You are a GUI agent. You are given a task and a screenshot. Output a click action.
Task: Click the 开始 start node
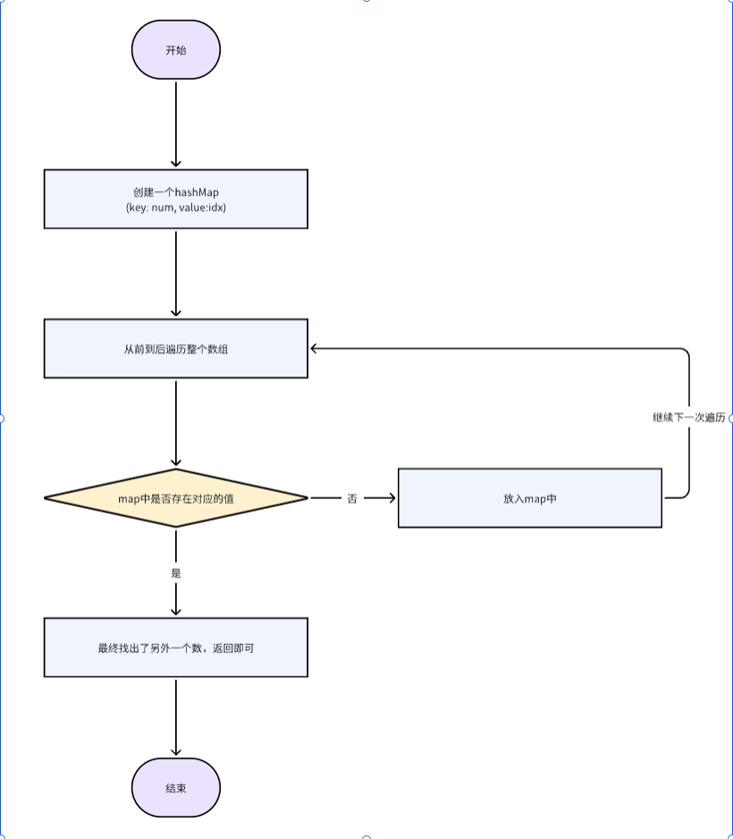[176, 50]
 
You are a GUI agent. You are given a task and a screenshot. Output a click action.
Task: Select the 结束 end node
[176, 788]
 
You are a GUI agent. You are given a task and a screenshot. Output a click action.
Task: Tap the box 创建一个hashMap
[176, 199]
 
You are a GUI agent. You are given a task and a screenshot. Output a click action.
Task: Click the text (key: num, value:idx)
[176, 207]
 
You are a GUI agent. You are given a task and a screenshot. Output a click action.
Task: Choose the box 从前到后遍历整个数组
[176, 348]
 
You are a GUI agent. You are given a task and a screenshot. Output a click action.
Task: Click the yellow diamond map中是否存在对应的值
[176, 497]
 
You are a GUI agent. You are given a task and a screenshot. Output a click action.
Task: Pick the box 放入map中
[529, 497]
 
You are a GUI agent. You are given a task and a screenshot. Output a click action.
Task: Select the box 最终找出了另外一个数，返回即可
[176, 647]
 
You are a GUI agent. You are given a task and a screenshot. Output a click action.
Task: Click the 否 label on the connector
[352, 498]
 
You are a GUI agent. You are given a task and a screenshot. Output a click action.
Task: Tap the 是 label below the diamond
[176, 572]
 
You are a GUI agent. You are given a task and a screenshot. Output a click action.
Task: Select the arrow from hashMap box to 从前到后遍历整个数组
[176, 273]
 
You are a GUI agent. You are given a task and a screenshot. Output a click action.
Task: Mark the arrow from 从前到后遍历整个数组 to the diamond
[176, 423]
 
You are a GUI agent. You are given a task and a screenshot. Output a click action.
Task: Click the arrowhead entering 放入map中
[392, 497]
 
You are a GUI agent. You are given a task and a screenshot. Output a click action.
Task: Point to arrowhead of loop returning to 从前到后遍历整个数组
[315, 348]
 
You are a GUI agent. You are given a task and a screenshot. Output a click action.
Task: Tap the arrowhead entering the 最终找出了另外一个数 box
[176, 611]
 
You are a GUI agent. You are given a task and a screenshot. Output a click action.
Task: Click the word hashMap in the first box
[198, 192]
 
